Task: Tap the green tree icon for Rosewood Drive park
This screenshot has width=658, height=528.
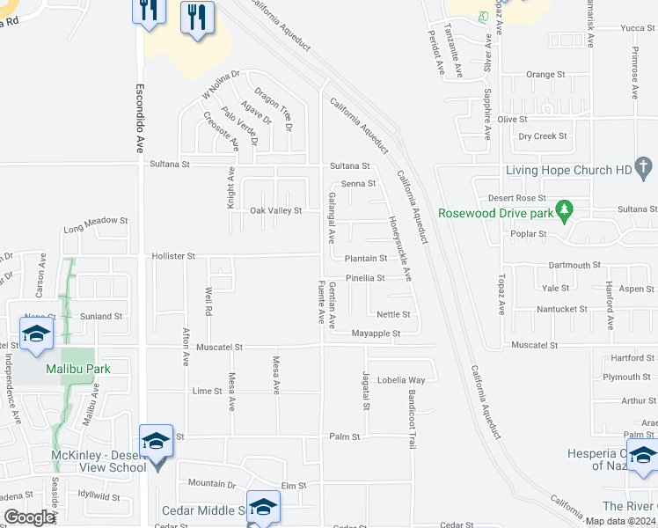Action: click(x=566, y=211)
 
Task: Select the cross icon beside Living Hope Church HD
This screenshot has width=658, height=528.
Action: click(x=644, y=167)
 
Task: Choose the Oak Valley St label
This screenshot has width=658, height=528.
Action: click(x=275, y=211)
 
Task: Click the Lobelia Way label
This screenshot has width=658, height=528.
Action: click(x=401, y=380)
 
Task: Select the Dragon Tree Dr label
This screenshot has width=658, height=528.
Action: click(x=273, y=103)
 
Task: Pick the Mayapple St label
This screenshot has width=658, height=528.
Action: click(x=376, y=334)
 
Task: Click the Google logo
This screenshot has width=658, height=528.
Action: click(x=29, y=517)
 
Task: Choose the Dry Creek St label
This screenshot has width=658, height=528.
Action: click(x=543, y=136)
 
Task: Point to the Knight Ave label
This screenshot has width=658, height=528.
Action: click(x=232, y=189)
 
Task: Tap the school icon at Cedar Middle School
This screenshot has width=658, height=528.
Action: click(x=262, y=507)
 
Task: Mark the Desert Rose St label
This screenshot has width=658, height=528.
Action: click(x=517, y=199)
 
